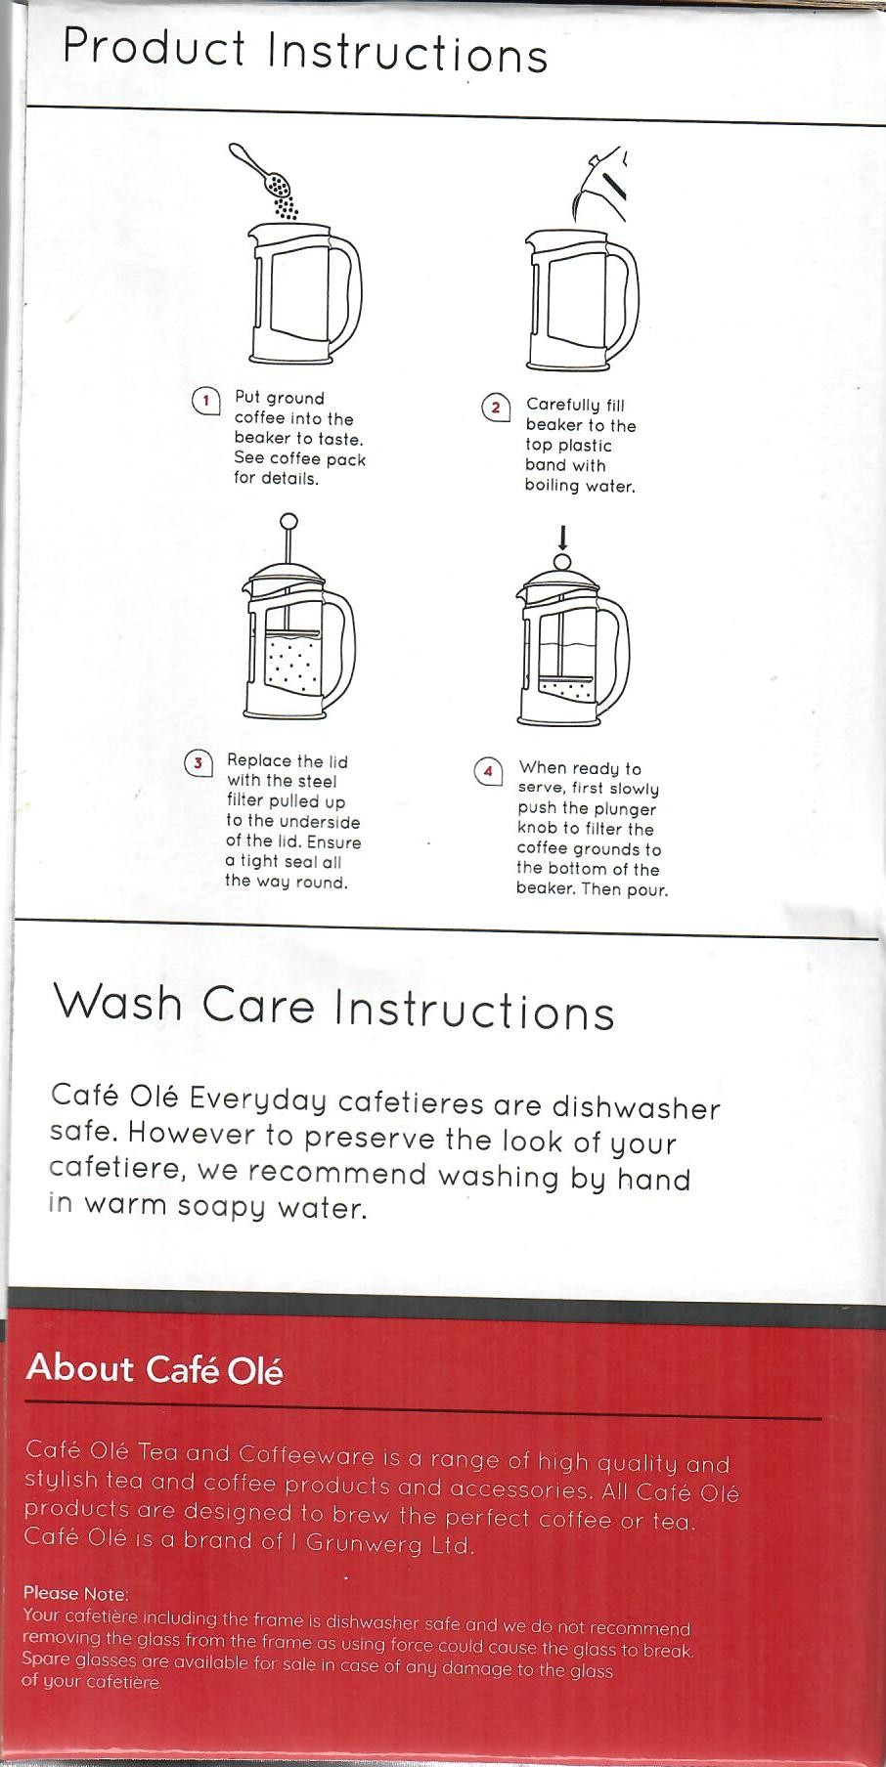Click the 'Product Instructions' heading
click(x=305, y=51)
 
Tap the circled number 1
click(x=205, y=401)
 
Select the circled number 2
click(x=496, y=408)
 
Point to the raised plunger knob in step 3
click(x=288, y=523)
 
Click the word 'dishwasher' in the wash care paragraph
click(x=636, y=1107)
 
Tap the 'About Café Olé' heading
click(x=155, y=1368)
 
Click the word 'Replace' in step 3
click(x=259, y=761)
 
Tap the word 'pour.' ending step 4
click(x=647, y=890)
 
